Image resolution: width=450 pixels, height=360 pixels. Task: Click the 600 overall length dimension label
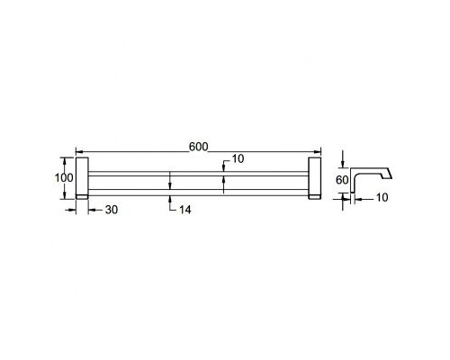pyautogui.click(x=198, y=147)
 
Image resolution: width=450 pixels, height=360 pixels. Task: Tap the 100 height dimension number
pyautogui.click(x=64, y=177)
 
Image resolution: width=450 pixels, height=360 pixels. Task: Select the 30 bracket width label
pyautogui.click(x=112, y=210)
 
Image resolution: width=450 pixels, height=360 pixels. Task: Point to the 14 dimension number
pyautogui.click(x=184, y=210)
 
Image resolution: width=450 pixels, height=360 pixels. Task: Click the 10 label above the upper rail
pyautogui.click(x=238, y=158)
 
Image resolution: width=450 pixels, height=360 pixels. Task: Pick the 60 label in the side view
pyautogui.click(x=342, y=180)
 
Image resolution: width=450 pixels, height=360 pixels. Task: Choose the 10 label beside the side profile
pyautogui.click(x=382, y=197)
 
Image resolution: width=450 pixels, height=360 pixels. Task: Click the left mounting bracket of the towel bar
pyautogui.click(x=82, y=176)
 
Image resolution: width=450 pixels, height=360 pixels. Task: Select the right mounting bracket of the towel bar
pyautogui.click(x=315, y=176)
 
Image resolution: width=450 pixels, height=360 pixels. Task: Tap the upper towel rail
pyautogui.click(x=198, y=174)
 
